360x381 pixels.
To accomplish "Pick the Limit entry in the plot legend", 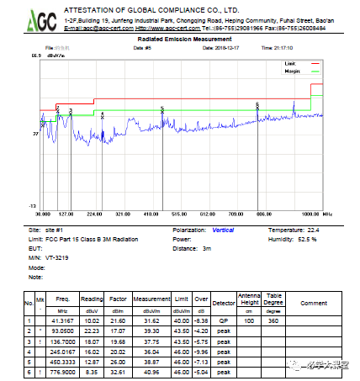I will point(291,63).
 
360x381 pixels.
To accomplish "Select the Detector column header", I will point(224,300).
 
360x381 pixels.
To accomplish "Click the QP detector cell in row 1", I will point(224,320).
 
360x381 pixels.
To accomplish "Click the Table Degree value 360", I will point(273,320).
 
